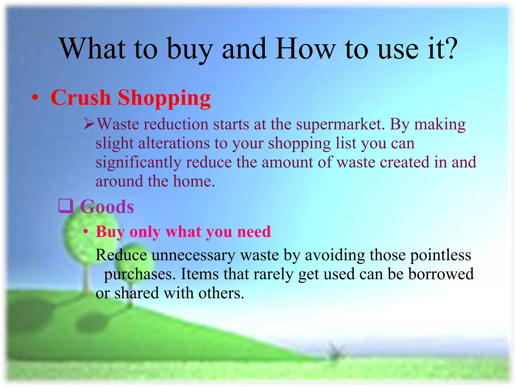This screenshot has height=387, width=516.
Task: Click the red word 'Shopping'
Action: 164,99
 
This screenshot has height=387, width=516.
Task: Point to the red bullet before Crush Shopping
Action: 35,98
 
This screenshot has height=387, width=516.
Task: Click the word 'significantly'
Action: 138,163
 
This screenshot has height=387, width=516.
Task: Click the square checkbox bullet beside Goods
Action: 66,206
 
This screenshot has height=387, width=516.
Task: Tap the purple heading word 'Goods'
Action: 107,207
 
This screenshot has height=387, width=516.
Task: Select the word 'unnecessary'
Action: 193,255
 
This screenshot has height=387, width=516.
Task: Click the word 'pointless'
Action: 441,255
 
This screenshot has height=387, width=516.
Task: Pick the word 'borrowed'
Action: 441,274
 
